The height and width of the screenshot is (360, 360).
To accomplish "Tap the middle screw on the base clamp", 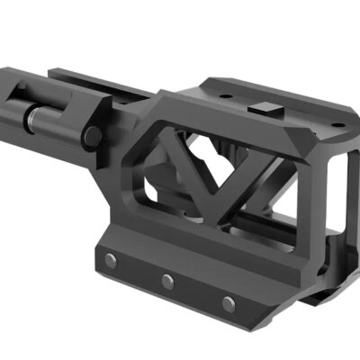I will pos(167,281).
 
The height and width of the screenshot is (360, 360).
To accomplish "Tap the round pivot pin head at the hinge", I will pos(91,136).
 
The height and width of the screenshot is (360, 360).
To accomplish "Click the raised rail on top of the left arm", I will pos(99,78).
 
